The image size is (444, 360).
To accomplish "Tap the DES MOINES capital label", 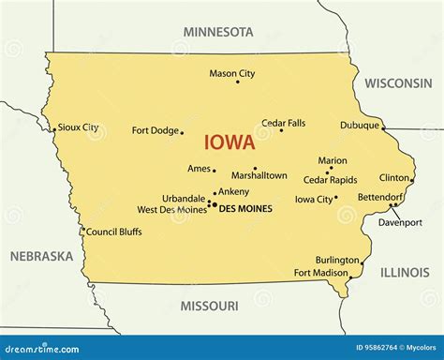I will pos(244,209).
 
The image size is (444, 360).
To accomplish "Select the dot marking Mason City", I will pos(237,82).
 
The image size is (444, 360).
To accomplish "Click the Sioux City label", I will pos(78,127).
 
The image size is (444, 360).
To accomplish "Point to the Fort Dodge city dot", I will pos(182,132).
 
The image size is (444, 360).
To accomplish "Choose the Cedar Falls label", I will pos(283,123).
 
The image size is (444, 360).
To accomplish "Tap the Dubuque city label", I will pos(360,125).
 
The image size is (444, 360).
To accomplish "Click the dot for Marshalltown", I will pos(255,169).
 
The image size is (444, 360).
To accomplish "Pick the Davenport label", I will pos(400,222).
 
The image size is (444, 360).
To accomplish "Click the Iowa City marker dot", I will pos(336,197).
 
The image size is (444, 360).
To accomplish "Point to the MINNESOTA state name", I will pos(218,32).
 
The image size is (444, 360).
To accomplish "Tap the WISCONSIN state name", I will pos(398,83).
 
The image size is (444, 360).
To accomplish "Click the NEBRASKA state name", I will pos(41,256).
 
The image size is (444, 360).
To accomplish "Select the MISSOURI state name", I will pos(208,306).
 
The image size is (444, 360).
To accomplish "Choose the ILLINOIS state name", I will pos(405,272).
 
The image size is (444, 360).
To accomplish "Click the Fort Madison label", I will pos(319,273).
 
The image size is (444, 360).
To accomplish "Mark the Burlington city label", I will pos(337,260).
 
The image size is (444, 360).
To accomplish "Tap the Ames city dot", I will pos(215,171).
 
